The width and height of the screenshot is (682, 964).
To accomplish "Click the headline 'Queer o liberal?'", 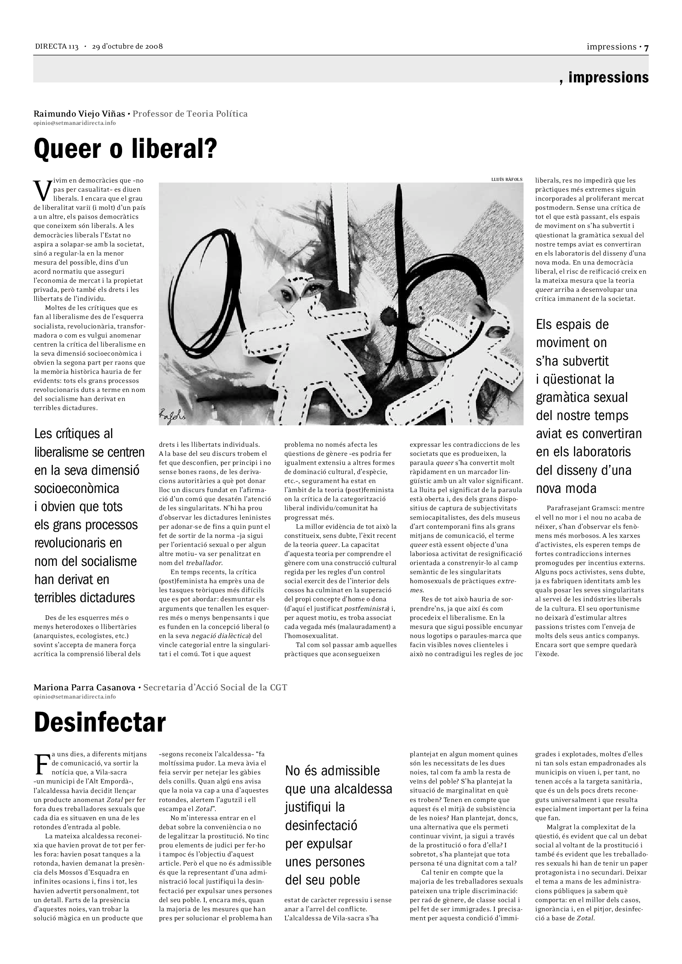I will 125,149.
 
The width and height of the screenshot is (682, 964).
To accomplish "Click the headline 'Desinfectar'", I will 99,722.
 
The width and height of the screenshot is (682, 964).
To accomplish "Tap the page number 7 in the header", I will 646,47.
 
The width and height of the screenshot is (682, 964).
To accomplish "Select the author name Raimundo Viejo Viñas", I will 79,114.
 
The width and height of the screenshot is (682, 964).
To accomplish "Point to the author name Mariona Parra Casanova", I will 85,687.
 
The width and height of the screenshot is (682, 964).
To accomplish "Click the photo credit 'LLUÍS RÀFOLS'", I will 507,179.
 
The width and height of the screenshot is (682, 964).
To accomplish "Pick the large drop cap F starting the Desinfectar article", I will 41,765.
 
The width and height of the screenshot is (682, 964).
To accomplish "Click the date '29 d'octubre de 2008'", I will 127,46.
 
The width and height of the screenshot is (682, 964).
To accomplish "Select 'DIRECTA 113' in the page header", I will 57,46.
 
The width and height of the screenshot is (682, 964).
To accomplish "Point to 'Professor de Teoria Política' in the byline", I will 190,114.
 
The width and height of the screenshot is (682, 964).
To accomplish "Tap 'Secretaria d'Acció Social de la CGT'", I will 215,687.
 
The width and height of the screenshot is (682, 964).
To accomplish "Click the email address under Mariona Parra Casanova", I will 74,697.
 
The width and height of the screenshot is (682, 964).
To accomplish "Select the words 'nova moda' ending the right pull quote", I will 566,488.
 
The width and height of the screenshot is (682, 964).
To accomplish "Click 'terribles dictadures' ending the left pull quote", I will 85,598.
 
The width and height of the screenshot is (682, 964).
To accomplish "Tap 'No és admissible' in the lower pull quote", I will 332,770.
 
